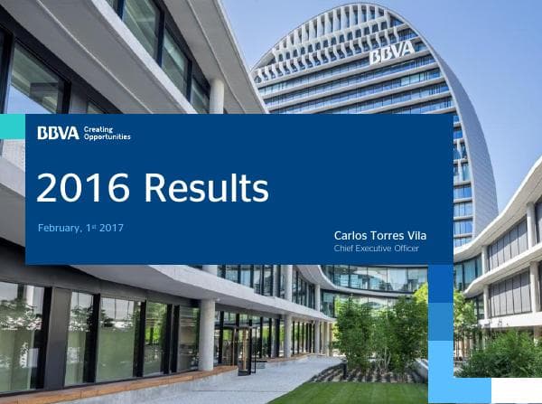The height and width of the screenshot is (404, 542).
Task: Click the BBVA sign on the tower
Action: [392, 52]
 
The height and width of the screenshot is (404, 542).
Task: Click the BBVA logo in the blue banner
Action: [58, 134]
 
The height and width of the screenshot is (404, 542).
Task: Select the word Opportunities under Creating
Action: [107, 137]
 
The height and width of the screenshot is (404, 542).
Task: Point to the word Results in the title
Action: [206, 188]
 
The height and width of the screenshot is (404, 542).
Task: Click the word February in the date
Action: [63, 227]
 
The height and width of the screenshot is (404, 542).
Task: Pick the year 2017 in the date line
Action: [111, 227]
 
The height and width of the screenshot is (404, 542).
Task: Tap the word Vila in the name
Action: [418, 235]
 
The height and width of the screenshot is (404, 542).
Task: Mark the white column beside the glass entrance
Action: [206, 335]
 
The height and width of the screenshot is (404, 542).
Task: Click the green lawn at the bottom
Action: [361, 392]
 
